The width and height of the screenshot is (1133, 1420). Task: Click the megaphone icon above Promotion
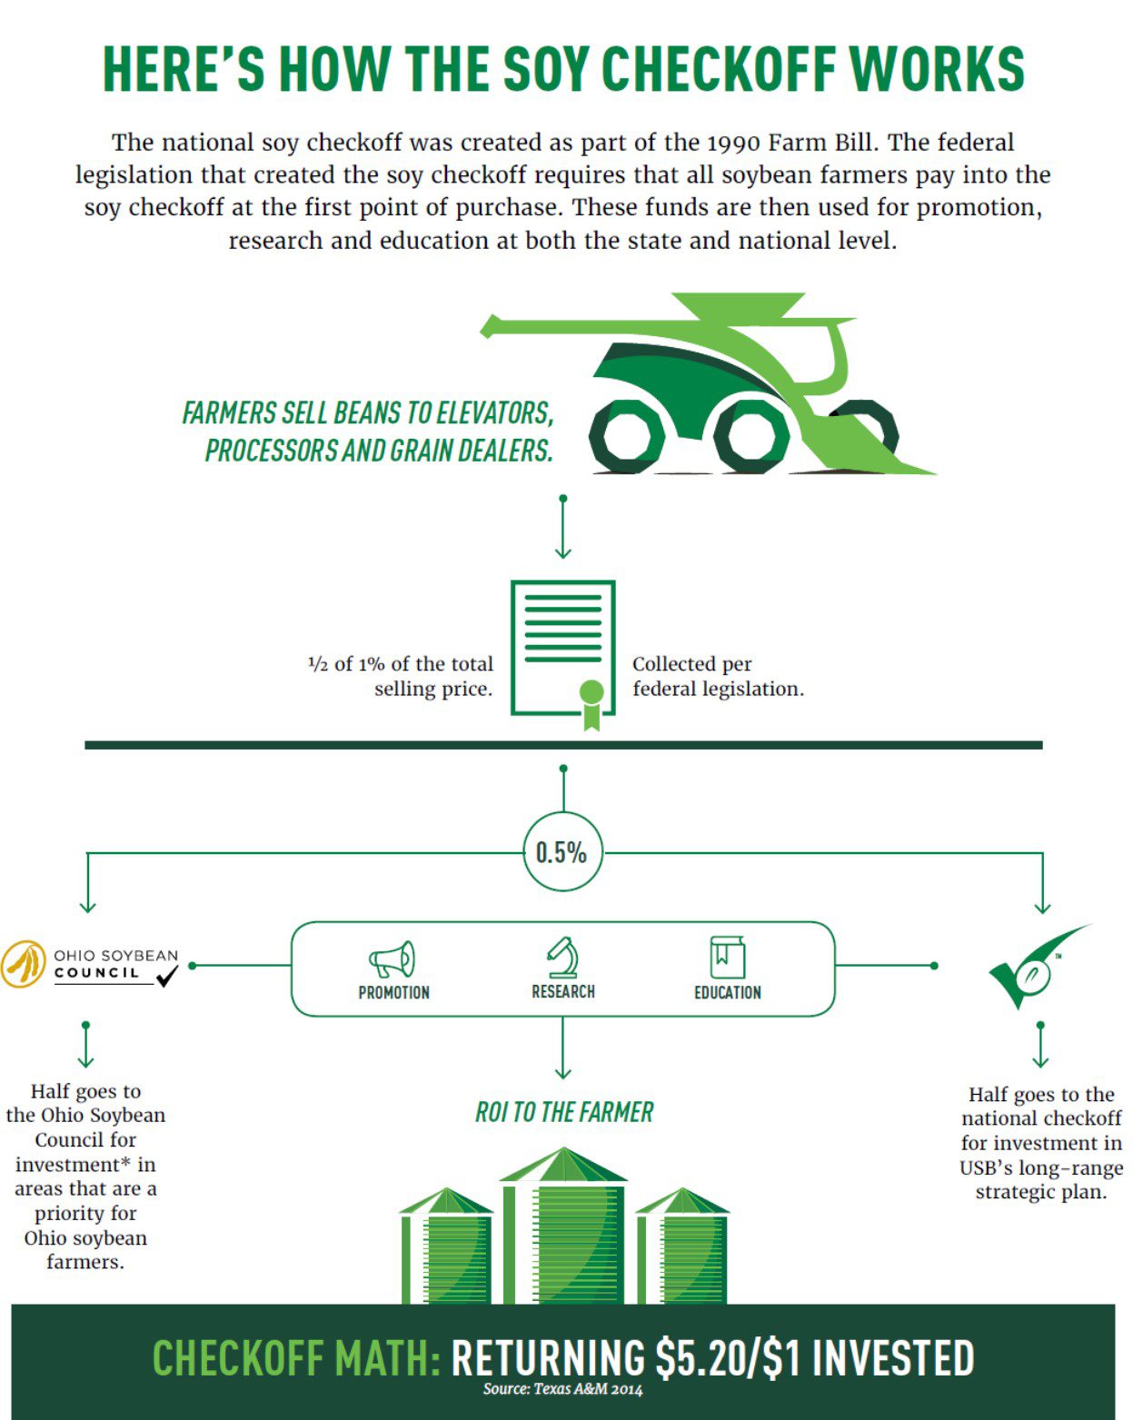click(x=392, y=958)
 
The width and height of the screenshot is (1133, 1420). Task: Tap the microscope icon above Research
click(x=563, y=957)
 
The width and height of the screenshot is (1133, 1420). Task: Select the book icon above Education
click(x=727, y=957)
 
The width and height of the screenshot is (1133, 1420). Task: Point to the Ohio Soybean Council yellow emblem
click(x=23, y=964)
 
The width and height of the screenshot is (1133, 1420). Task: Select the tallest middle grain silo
click(x=563, y=1226)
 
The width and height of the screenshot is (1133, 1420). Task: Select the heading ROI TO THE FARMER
click(x=564, y=1112)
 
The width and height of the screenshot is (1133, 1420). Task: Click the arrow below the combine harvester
click(x=563, y=527)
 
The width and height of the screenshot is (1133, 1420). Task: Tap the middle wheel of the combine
click(x=750, y=437)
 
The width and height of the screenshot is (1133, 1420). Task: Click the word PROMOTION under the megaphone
click(x=394, y=992)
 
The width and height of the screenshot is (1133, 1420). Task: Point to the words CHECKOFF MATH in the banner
click(x=297, y=1357)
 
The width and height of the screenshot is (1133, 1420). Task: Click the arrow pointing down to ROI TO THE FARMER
click(x=563, y=1048)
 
